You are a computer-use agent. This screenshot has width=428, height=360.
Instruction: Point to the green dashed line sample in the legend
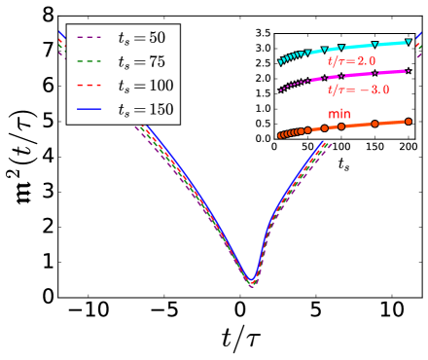coord(89,63)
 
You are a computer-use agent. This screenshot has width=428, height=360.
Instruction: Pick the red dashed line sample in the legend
coord(89,87)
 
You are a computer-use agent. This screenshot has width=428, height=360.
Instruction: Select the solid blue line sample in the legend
coord(89,109)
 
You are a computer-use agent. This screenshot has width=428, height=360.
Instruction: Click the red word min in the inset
coord(339,115)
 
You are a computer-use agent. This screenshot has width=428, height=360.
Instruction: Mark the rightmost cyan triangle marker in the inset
coord(408,43)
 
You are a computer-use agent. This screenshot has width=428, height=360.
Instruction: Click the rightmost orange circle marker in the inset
coord(408,121)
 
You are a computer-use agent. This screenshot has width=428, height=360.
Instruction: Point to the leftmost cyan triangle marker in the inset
coord(280,62)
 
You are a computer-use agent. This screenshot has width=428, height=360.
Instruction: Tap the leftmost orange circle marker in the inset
coord(280,135)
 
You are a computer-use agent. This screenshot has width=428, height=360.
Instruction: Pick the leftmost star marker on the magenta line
coord(280,90)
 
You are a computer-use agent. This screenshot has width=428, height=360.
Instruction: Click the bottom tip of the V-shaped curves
coord(251,283)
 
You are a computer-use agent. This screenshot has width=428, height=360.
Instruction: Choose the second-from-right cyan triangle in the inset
coord(374,46)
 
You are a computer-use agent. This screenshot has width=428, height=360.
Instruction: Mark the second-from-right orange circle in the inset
coord(374,125)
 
